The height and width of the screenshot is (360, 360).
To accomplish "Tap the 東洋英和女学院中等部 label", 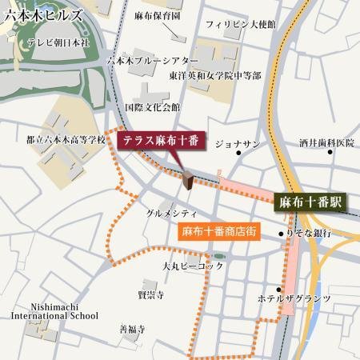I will point(214,75).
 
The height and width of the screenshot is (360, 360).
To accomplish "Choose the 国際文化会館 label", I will point(153,106).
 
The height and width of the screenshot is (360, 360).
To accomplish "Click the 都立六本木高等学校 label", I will point(66,139).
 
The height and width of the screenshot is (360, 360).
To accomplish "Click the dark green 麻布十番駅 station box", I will point(309,202).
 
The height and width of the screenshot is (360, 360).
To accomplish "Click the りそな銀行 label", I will point(309,233).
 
